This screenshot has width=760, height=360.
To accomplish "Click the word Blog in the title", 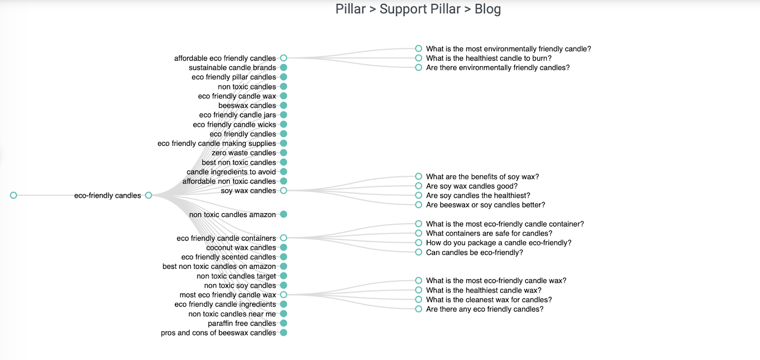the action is (487, 9).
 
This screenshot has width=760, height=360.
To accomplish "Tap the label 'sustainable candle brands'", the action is (232, 67).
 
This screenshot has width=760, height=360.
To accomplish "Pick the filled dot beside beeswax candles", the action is (284, 105).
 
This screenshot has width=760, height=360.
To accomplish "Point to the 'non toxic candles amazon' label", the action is (232, 215).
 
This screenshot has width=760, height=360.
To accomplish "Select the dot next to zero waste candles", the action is (284, 152).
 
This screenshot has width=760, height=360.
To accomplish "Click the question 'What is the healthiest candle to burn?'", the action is (489, 58).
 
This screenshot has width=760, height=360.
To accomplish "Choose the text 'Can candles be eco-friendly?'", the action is (475, 253).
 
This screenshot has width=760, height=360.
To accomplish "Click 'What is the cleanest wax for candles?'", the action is (489, 300).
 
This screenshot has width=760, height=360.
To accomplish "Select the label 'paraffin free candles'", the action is (242, 323).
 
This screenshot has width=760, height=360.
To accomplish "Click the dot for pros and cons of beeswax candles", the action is (284, 332).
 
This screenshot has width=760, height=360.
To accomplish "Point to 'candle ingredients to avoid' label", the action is (231, 171).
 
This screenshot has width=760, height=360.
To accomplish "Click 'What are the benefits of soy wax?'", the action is (483, 176).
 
